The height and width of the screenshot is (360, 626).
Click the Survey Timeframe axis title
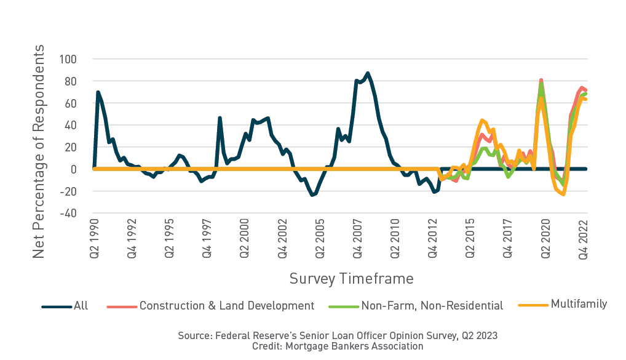pyautogui.click(x=351, y=279)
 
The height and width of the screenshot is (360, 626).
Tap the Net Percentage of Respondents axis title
pyautogui.click(x=39, y=151)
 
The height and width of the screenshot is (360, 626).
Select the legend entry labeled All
pyautogui.click(x=81, y=306)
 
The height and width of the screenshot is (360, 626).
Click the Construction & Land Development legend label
pyautogui.click(x=227, y=306)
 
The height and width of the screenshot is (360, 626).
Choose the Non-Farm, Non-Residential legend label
pyautogui.click(x=432, y=306)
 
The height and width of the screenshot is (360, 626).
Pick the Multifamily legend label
pyautogui.click(x=579, y=304)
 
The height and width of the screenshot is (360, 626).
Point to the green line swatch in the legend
pyautogui.click(x=343, y=306)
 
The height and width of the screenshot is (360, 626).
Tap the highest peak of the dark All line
pyautogui.click(x=368, y=73)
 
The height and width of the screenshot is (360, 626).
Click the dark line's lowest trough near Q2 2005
pyautogui.click(x=312, y=195)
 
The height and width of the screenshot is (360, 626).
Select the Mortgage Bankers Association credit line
pyautogui.click(x=338, y=346)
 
